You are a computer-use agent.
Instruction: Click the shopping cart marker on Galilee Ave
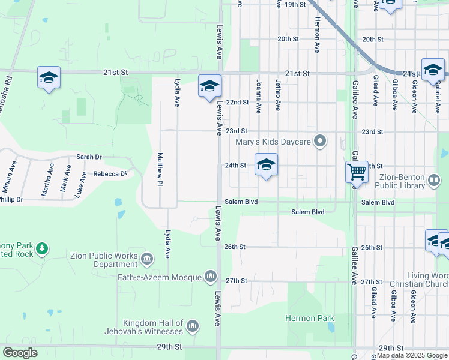pyautogui.click(x=357, y=172)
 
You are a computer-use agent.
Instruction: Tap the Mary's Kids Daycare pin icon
pyautogui.click(x=321, y=142)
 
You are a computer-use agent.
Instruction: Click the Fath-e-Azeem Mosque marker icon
pyautogui.click(x=210, y=276)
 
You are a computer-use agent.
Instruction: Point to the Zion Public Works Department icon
pyautogui.click(x=148, y=259)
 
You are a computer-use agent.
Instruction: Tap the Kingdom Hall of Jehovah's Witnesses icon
pyautogui.click(x=193, y=326)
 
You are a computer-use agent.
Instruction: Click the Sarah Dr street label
pyautogui.click(x=89, y=157)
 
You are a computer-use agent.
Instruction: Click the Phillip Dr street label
pyautogui.click(x=11, y=199)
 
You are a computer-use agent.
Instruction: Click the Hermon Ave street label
pyautogui.click(x=316, y=24)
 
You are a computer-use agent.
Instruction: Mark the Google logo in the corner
pyautogui.click(x=20, y=353)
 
